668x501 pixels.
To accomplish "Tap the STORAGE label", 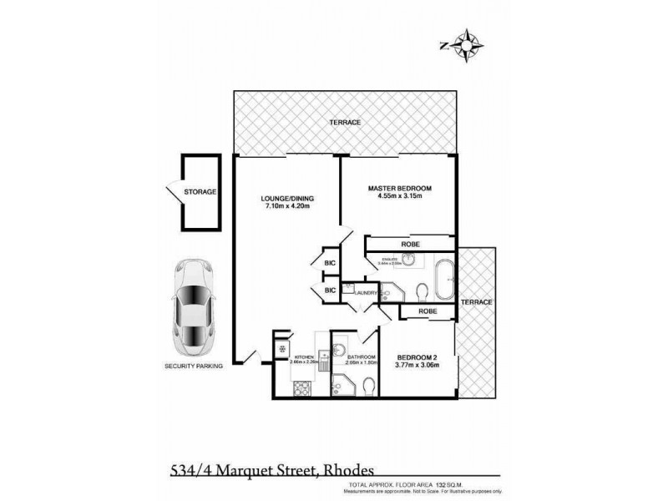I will point(200,192).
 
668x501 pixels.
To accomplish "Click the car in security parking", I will point(191,306).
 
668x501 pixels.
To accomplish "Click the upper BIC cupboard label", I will point(330,263).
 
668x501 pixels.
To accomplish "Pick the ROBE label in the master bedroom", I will point(409,243).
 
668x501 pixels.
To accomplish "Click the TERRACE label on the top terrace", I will point(345,123).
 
